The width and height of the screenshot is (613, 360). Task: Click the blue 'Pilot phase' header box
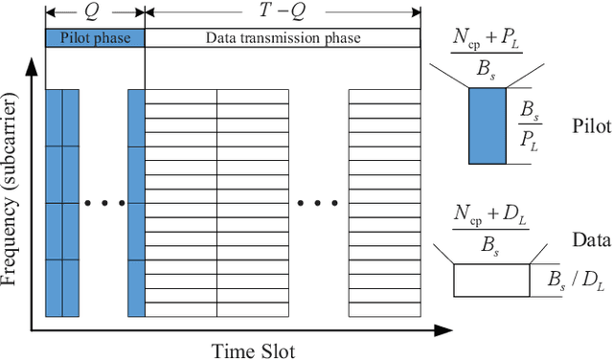(x=95, y=37)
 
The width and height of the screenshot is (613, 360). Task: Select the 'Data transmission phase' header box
(x=283, y=37)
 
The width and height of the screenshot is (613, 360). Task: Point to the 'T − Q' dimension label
(x=282, y=12)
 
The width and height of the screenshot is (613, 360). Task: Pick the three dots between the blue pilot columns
(x=103, y=203)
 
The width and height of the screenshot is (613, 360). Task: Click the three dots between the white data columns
(x=318, y=203)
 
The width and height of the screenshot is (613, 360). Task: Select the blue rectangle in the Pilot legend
(x=487, y=126)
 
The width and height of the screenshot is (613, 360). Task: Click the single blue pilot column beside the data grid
(x=136, y=203)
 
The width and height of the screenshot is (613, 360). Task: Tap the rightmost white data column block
(x=384, y=203)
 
